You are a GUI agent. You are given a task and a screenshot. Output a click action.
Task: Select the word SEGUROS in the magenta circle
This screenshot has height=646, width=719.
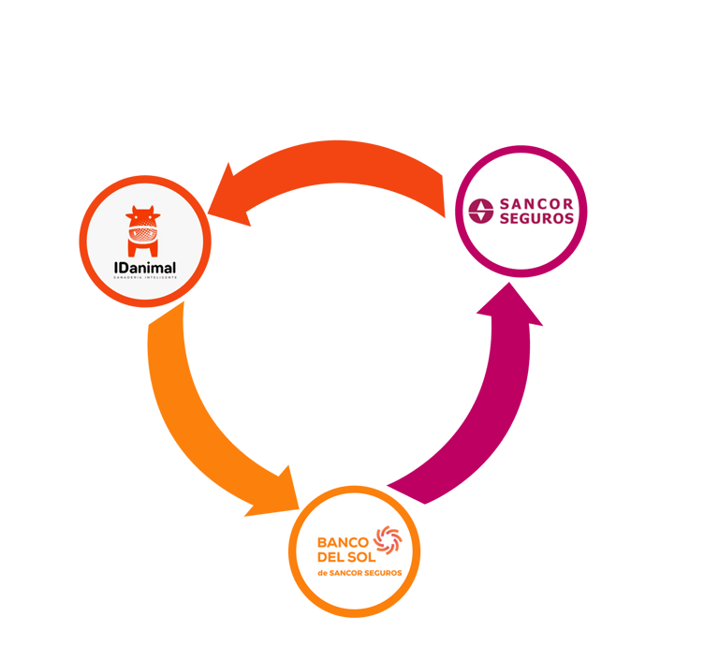point(537,219)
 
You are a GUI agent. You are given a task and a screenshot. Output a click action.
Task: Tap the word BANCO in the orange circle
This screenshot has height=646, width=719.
point(344,541)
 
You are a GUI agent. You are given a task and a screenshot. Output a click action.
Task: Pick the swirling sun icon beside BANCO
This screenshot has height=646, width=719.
point(387,543)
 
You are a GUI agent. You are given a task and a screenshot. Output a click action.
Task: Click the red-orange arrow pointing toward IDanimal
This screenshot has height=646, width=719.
point(337,169)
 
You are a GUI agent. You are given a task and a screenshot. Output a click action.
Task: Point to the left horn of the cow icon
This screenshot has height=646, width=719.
point(132,209)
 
